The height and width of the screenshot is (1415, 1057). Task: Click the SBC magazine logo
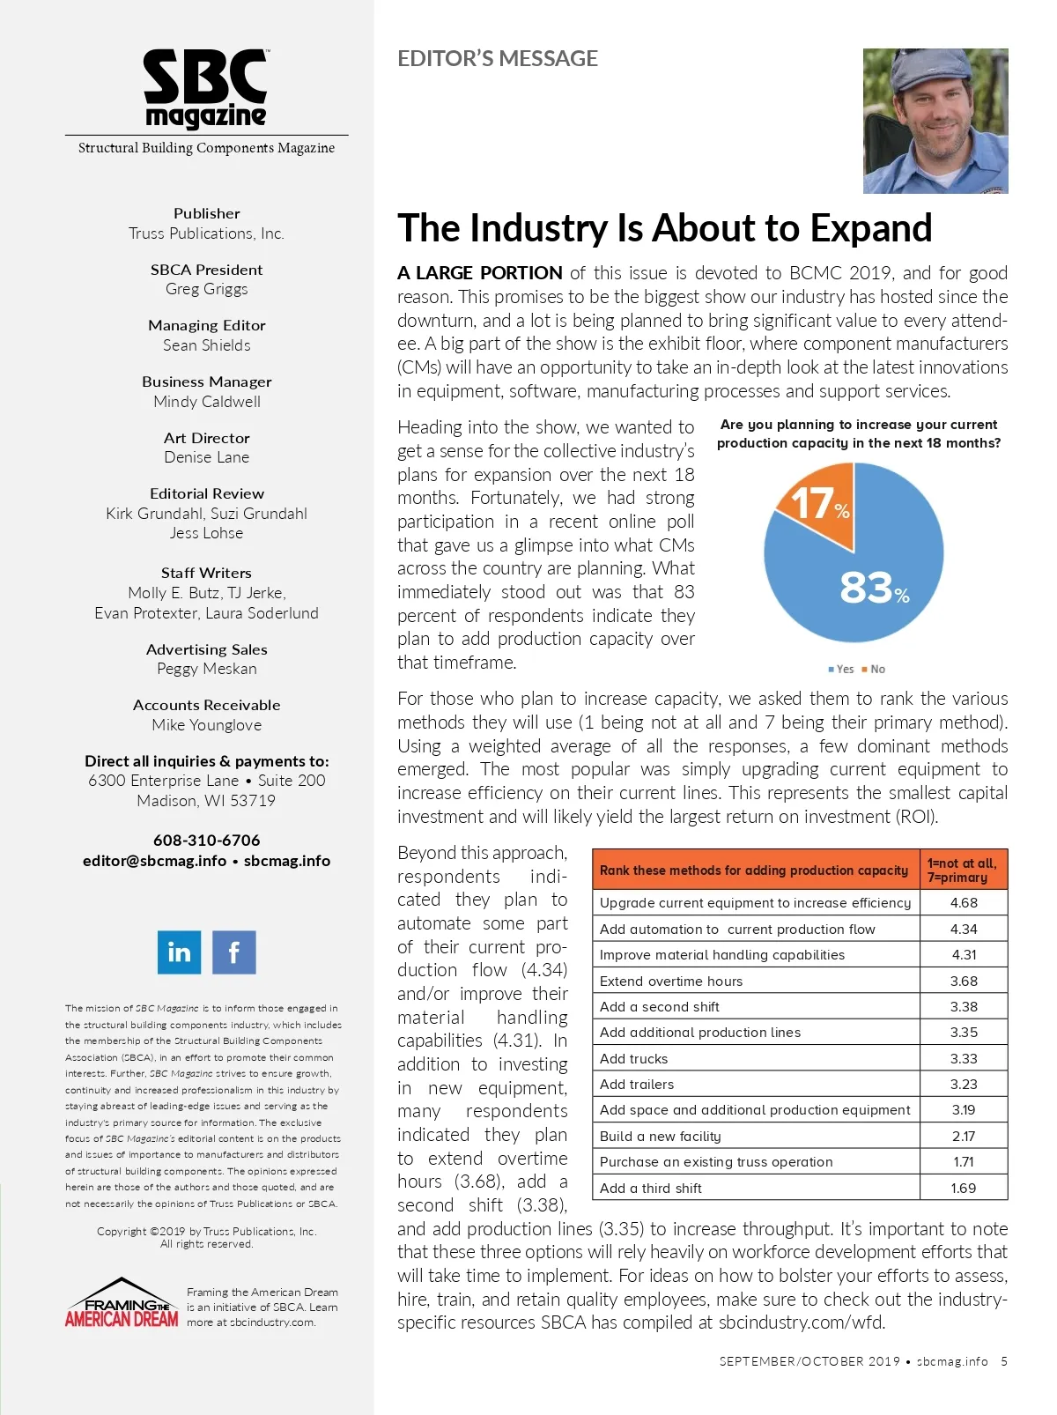[x=206, y=89]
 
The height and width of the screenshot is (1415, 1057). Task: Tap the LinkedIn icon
[x=179, y=952]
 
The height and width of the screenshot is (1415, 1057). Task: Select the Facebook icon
[x=233, y=952]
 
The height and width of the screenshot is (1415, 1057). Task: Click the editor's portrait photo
[x=935, y=121]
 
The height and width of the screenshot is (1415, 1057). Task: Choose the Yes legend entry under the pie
[x=841, y=670]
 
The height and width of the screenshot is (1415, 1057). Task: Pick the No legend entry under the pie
[x=874, y=670]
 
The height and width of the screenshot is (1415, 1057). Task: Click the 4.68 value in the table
[x=964, y=903]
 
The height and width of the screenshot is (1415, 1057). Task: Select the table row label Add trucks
[x=634, y=1059]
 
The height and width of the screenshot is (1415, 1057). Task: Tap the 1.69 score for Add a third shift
[x=964, y=1189]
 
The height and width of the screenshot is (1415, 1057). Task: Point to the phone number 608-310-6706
[x=207, y=841]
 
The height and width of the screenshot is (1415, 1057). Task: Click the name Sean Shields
[x=207, y=345]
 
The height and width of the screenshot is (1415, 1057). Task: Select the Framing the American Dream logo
[x=122, y=1304]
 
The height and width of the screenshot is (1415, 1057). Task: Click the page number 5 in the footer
[x=1004, y=1361]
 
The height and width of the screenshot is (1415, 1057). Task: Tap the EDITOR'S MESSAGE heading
[x=498, y=59]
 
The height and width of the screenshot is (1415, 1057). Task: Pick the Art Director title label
[x=207, y=438]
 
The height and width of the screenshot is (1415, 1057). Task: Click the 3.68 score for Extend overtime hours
[x=964, y=982]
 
